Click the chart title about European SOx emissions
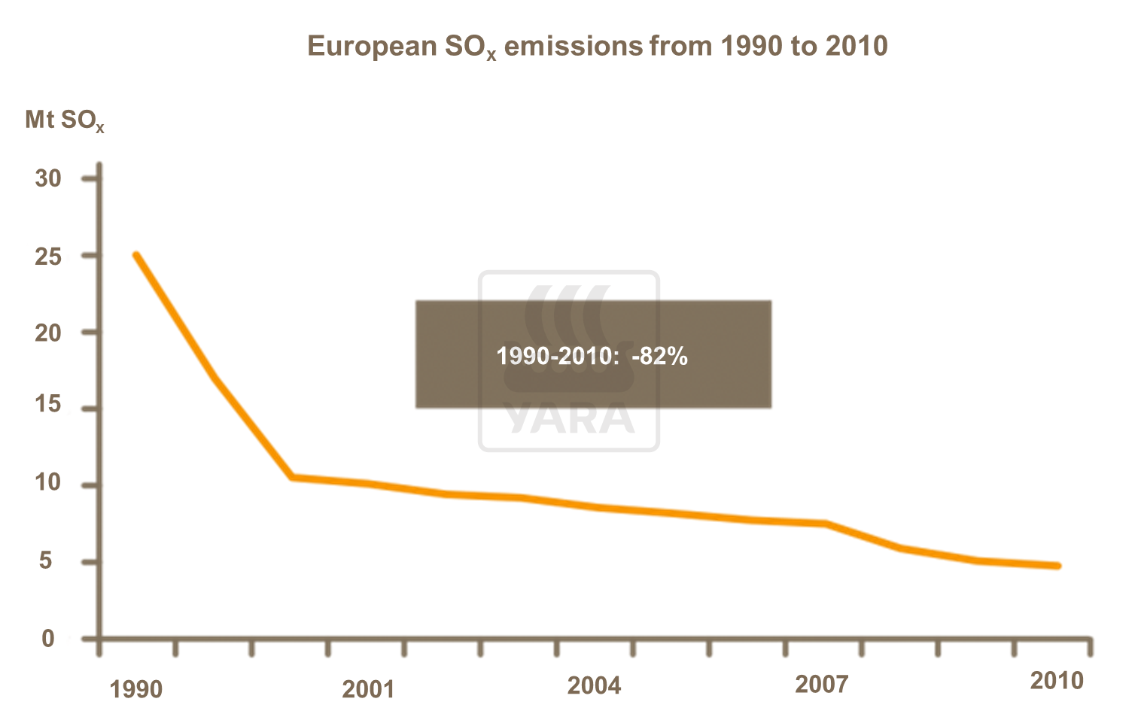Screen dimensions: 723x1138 (x=598, y=47)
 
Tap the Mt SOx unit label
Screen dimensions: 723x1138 (x=64, y=120)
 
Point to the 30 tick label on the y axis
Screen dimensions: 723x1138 (x=48, y=178)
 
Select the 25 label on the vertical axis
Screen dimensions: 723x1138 (x=48, y=257)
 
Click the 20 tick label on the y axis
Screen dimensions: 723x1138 (x=48, y=333)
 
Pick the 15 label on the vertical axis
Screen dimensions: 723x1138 (x=48, y=405)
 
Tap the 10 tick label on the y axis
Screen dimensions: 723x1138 (x=48, y=482)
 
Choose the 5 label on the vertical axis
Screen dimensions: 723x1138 (x=47, y=560)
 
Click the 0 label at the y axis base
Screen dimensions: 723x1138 (x=48, y=639)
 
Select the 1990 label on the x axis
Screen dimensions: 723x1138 (x=136, y=689)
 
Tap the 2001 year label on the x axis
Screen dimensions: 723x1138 (x=368, y=689)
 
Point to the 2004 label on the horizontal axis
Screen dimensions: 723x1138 (x=594, y=685)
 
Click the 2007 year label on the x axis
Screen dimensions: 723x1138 (x=821, y=685)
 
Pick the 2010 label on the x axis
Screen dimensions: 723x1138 (x=1057, y=681)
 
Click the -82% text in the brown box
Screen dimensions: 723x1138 (x=659, y=356)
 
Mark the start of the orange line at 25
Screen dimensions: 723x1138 (x=136, y=255)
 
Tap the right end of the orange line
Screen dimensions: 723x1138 (x=1057, y=566)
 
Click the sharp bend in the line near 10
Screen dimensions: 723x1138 (x=292, y=477)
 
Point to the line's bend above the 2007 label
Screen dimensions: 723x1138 (x=826, y=524)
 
